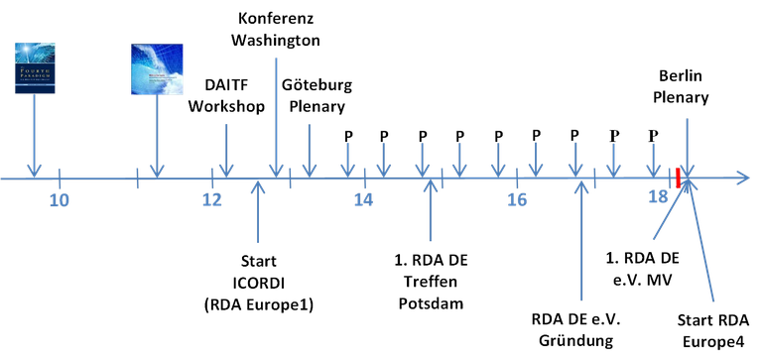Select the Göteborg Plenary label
click(x=317, y=94)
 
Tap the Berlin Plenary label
click(x=686, y=86)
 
